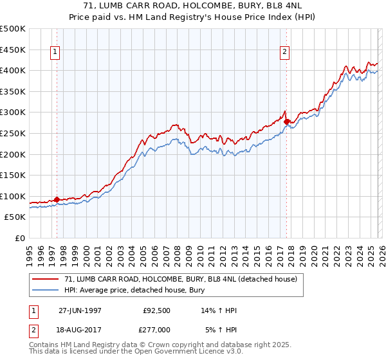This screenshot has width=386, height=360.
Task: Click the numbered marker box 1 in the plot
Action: click(x=55, y=53)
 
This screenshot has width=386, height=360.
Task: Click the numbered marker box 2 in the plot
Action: click(x=284, y=53)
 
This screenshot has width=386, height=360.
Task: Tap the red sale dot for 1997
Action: click(x=57, y=199)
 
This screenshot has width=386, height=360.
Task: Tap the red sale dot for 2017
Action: click(x=286, y=122)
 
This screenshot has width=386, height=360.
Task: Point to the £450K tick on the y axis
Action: click(x=14, y=50)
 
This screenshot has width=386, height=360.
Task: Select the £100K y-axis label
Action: click(x=14, y=196)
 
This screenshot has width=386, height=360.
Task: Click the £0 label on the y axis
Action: click(x=20, y=239)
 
